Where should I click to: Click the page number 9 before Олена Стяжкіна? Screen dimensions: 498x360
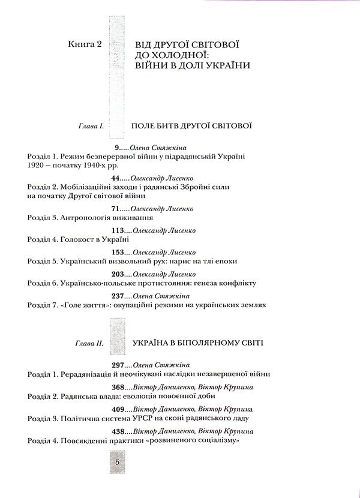click(116, 147)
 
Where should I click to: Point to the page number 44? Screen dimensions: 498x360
click(118, 178)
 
